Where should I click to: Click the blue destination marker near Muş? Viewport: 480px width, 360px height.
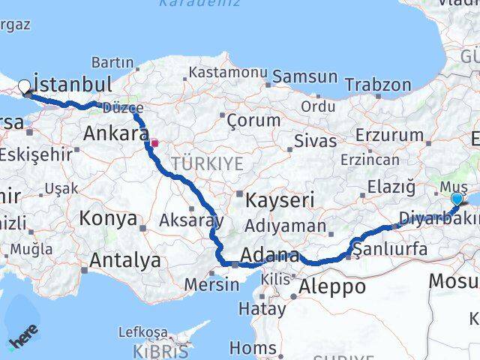(x=457, y=199)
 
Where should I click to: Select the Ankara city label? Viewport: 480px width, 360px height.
(x=116, y=134)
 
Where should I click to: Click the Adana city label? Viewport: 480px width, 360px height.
(x=270, y=255)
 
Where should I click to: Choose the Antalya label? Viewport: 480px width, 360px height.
(x=124, y=261)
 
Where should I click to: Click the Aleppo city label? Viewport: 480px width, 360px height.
(x=331, y=286)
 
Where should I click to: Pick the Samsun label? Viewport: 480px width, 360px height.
(x=304, y=76)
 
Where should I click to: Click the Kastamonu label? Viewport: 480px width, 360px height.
(x=228, y=73)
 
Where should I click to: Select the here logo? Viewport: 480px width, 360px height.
(x=24, y=339)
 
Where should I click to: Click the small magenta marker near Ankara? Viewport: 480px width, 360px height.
(x=154, y=142)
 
